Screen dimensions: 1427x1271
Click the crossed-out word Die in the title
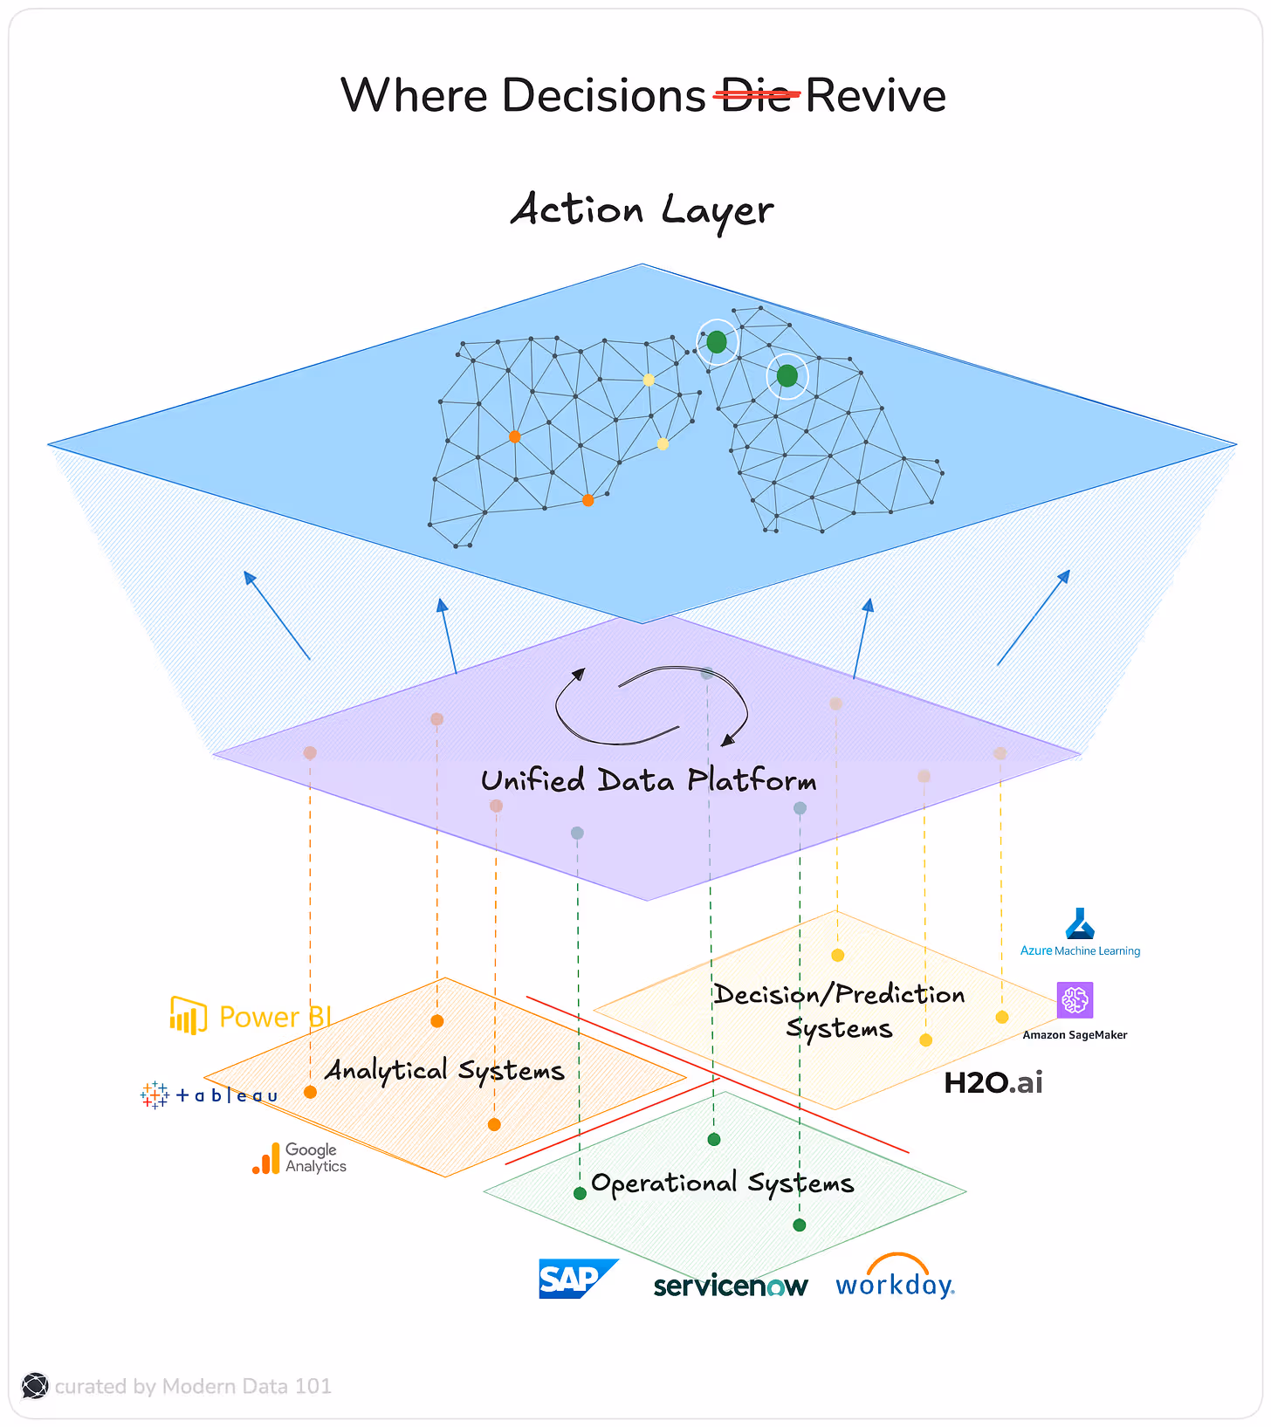coord(756,95)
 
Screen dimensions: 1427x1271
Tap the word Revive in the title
coord(875,95)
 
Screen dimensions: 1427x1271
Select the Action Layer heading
coord(642,210)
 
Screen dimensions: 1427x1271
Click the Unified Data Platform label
coord(649,780)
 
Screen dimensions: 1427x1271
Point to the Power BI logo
coord(251,1016)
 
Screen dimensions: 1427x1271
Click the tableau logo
coord(210,1094)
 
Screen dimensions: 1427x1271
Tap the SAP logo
coord(576,1279)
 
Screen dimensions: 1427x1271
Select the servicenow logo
coord(731,1286)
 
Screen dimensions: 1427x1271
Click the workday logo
coord(895,1279)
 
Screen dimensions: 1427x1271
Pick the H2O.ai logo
coord(993,1083)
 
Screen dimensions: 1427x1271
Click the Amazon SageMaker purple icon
coord(1075,1000)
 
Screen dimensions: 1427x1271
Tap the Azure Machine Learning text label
coord(1081,950)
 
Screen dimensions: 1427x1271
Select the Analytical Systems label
coord(444,1070)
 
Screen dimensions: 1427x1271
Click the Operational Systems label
coord(722,1183)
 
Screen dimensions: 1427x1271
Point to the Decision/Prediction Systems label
coord(839,1011)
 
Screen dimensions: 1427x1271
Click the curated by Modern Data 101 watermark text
coord(193,1386)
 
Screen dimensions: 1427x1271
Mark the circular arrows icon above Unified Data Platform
coord(650,706)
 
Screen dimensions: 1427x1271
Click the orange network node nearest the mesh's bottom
coord(587,500)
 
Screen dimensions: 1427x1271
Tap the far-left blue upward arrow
coord(277,614)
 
